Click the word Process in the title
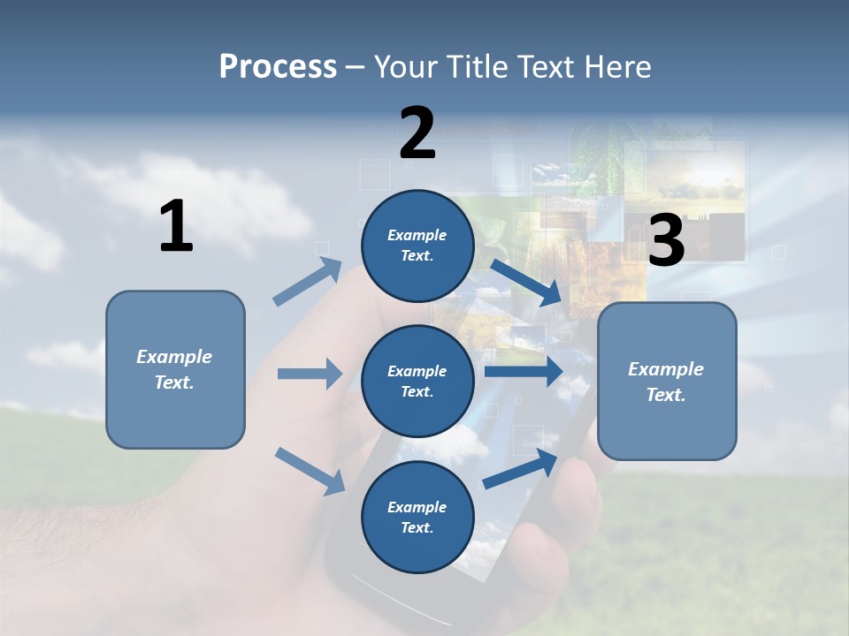click(x=278, y=66)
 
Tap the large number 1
click(x=176, y=227)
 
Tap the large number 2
click(x=417, y=133)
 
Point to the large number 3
click(x=666, y=241)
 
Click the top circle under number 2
click(x=417, y=246)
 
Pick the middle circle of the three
click(x=417, y=382)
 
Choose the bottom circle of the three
click(x=417, y=518)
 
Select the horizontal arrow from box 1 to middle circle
click(x=310, y=374)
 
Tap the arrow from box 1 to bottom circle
click(x=310, y=470)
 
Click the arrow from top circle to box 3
click(x=526, y=282)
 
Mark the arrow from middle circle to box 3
click(x=523, y=371)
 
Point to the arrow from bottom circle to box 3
click(x=520, y=469)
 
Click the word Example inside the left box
click(x=174, y=357)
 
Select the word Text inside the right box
click(x=666, y=395)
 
